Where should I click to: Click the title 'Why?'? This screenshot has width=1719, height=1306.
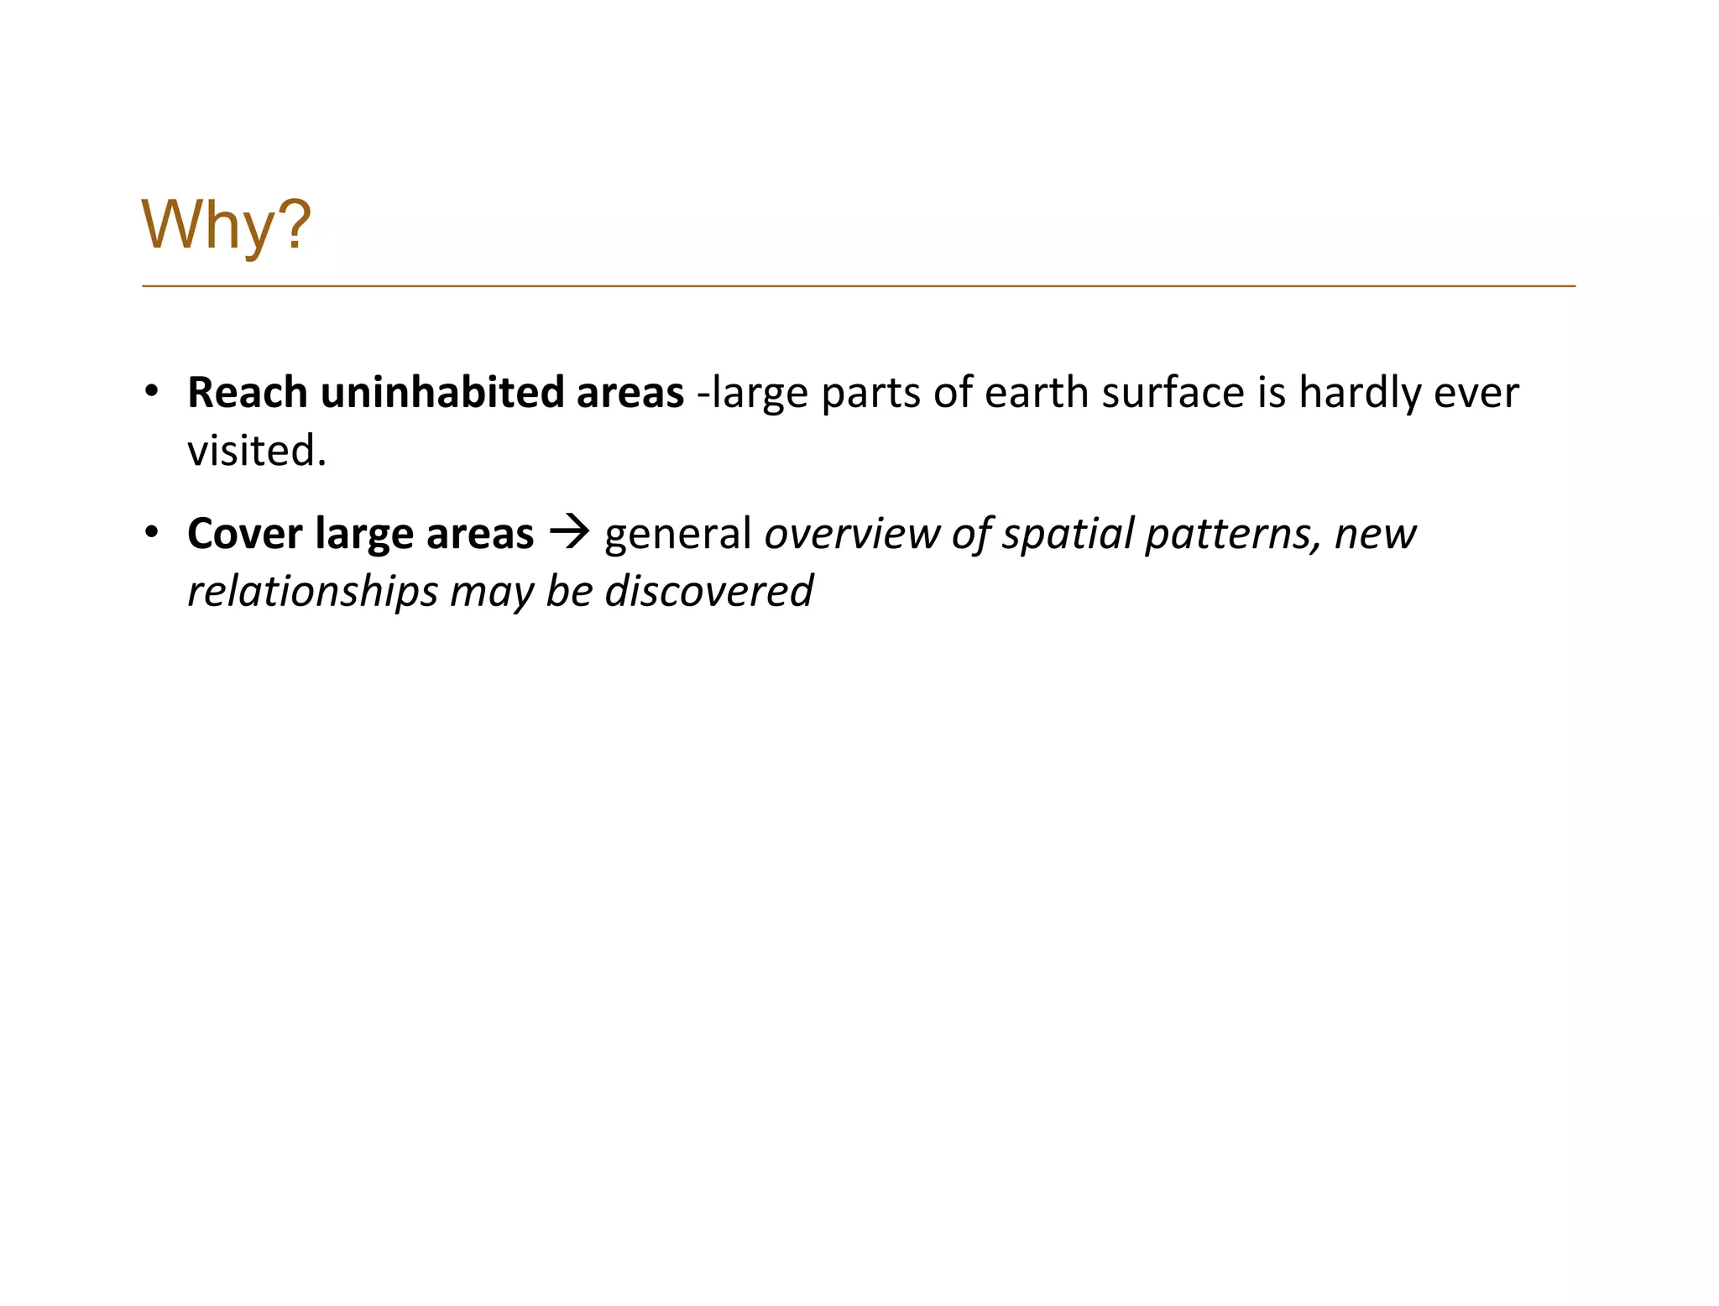[227, 225]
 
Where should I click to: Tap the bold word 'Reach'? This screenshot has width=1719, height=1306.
[247, 393]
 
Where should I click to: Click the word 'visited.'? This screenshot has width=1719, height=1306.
[257, 452]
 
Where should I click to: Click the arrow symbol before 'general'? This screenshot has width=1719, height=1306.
[569, 533]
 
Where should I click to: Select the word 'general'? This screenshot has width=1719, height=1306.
[677, 534]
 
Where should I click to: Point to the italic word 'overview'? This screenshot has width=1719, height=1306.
[851, 534]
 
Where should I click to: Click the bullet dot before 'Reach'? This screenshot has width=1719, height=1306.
[151, 392]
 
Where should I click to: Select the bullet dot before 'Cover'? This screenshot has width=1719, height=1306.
[151, 533]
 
